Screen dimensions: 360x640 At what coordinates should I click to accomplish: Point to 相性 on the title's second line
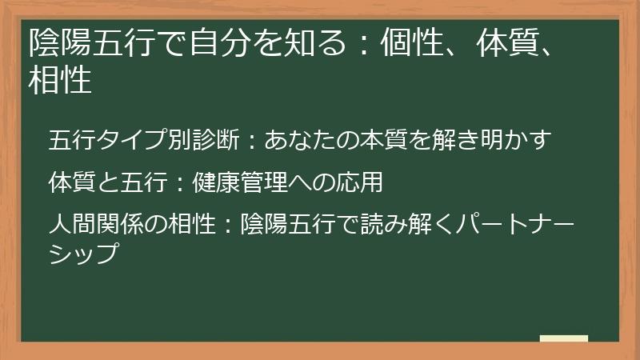click(x=60, y=81)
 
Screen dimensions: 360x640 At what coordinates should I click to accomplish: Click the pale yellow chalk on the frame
click(x=564, y=338)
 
